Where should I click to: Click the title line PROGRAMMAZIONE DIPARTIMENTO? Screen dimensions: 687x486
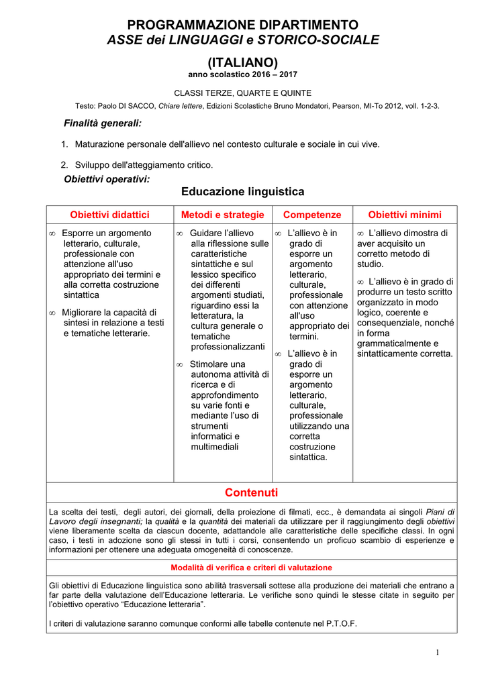pos(243,25)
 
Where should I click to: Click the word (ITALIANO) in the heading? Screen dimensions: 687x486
pos(243,62)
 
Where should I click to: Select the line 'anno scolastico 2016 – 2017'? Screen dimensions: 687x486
pos(243,74)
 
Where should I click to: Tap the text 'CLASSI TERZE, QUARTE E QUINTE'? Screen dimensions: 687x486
pos(243,93)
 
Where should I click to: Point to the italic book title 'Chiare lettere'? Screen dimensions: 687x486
pos(181,106)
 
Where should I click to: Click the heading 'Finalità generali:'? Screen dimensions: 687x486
pos(102,123)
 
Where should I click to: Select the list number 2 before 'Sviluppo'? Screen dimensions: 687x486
pos(64,164)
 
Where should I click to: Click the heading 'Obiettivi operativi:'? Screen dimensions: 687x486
pos(106,179)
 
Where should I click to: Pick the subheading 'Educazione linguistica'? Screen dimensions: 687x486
pos(243,192)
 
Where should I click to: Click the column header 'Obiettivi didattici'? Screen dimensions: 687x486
pos(110,215)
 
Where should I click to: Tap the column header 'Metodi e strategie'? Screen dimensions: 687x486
pos(223,215)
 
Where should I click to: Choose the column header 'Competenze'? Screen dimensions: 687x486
pos(312,215)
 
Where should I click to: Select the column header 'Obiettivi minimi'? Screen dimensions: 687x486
pos(405,215)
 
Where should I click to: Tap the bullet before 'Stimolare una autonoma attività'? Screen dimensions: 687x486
pos(179,364)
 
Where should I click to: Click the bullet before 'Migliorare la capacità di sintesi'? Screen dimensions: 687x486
pos(52,313)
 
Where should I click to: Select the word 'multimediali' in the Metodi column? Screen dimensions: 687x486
pos(215,447)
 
